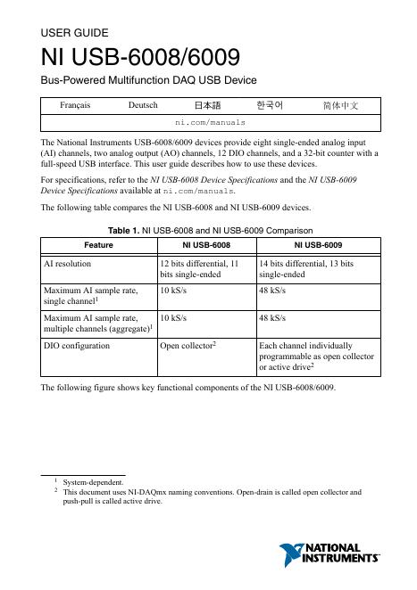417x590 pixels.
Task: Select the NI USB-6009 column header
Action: (318, 242)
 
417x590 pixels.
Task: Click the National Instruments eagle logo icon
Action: (294, 553)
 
